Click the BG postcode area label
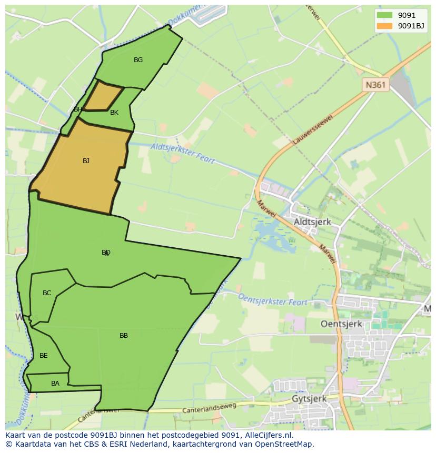[138, 60]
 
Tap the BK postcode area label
[114, 113]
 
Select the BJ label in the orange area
[86, 161]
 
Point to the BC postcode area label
[47, 293]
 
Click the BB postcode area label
[124, 336]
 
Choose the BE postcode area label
[44, 356]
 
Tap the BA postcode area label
[55, 384]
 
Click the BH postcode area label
[78, 109]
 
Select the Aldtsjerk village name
[312, 222]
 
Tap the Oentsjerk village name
[341, 324]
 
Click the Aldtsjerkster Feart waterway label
[182, 153]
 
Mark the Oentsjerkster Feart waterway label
[273, 300]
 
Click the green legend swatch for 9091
[384, 15]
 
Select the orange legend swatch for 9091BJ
[384, 26]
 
